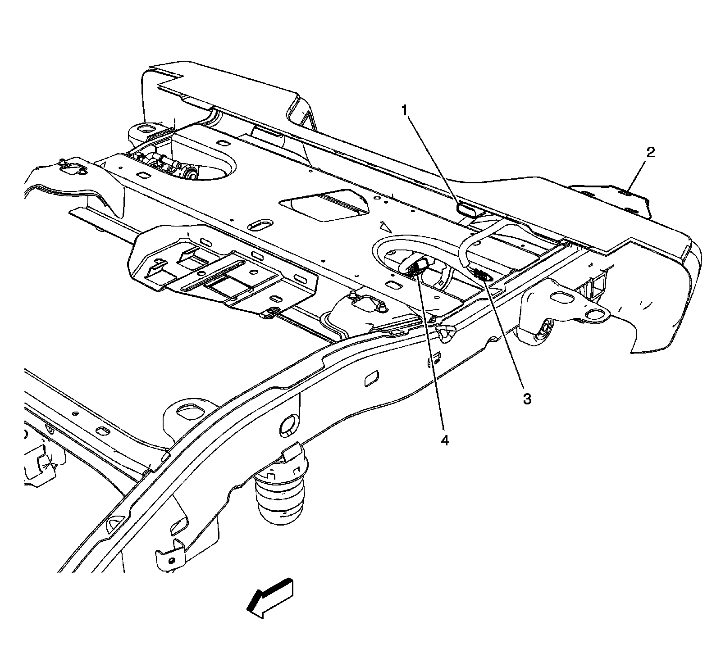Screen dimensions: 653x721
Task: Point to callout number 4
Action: tap(445, 440)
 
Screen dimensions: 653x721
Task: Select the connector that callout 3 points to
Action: tap(482, 274)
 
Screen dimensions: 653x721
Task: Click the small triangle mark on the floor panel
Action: tap(384, 224)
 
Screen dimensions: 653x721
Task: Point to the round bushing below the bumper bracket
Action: tap(543, 332)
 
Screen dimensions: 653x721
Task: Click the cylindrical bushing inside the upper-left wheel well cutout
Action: tap(190, 172)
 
